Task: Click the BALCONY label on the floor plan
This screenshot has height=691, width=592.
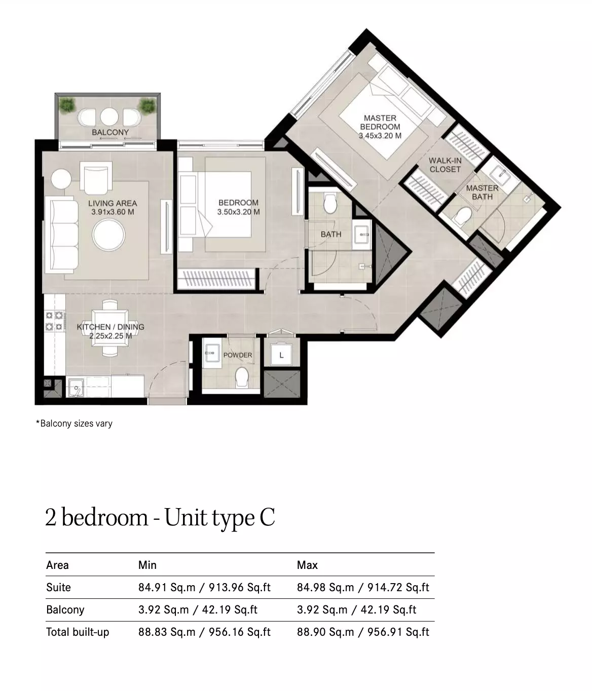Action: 110,132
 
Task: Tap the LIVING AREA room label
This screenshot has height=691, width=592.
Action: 113,203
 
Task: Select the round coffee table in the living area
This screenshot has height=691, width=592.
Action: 108,235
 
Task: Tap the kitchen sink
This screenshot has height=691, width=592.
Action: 76,388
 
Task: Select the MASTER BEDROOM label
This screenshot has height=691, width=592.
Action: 380,123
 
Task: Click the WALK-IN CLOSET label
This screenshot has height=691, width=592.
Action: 445,165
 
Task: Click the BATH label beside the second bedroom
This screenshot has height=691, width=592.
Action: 331,235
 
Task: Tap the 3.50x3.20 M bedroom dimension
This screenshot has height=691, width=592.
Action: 238,212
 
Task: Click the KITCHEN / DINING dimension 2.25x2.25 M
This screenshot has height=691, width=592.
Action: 110,336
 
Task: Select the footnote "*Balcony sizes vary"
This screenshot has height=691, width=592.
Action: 74,424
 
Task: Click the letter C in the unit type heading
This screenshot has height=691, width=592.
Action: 267,518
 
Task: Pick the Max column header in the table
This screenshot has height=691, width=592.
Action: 307,565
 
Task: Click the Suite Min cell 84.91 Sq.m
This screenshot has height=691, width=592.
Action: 167,587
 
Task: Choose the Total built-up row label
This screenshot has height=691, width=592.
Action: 78,632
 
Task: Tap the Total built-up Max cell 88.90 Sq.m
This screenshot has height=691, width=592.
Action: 325,632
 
